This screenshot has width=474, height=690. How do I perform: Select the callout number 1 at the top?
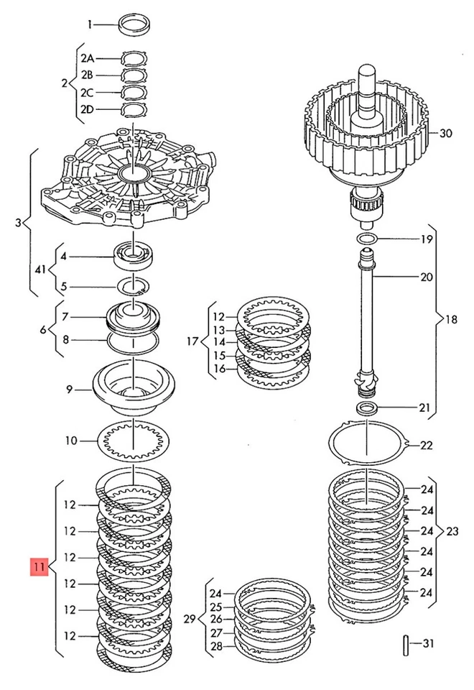point(90,24)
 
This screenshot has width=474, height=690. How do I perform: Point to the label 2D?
point(88,109)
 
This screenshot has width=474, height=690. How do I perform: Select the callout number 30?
point(447,133)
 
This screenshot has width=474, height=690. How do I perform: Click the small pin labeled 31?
point(407,642)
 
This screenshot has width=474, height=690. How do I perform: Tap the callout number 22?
point(427,445)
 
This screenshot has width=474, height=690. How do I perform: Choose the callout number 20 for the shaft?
point(427,276)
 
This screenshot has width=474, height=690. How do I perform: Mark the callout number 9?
point(70,390)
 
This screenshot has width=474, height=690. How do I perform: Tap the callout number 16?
point(219,368)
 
